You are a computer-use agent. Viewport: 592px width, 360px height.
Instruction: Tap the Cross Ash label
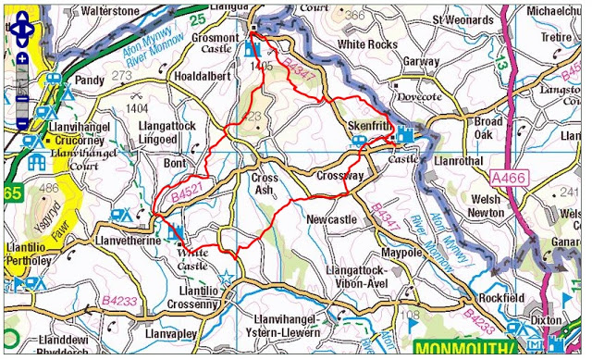[x=267, y=184]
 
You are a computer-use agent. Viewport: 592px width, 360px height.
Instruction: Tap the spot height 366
[x=353, y=15]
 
